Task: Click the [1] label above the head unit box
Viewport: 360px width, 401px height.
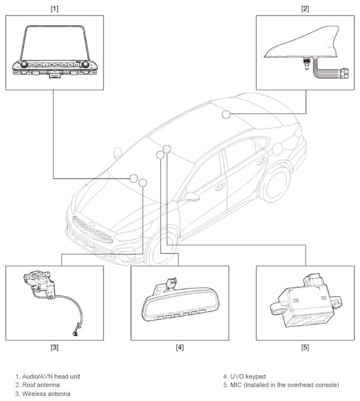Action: click(54, 9)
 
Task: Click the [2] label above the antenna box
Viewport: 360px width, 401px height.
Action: click(305, 9)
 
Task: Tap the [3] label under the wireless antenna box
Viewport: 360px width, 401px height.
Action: click(54, 347)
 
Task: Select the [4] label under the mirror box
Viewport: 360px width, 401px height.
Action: click(180, 347)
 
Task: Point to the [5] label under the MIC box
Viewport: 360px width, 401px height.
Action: click(305, 347)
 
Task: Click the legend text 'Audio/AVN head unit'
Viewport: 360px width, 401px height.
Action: click(51, 376)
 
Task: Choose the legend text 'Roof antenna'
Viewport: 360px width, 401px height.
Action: click(41, 385)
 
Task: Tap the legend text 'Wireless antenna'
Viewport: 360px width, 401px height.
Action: click(46, 394)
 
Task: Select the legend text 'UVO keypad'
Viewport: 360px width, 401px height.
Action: click(248, 376)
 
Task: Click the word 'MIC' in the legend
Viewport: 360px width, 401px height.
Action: click(236, 385)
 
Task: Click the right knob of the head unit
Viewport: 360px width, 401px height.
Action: click(85, 64)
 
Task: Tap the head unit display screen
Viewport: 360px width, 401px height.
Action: click(54, 44)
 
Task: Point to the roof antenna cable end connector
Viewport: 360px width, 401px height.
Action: click(344, 73)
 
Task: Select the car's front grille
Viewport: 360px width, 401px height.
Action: click(92, 229)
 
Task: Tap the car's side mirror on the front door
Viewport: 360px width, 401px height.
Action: click(191, 197)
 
